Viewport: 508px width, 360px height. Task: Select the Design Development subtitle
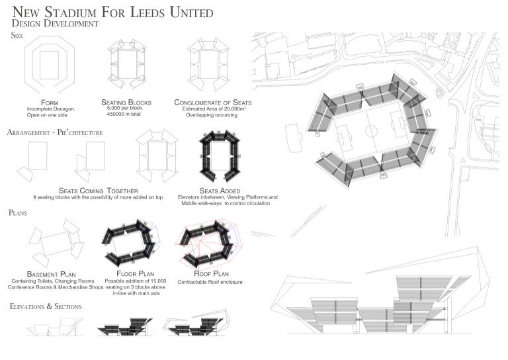point(56,24)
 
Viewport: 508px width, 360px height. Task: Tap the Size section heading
point(18,36)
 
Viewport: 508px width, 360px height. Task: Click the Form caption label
point(50,103)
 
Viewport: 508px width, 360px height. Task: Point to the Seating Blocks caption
point(126,103)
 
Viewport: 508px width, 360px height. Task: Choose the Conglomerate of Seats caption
point(212,103)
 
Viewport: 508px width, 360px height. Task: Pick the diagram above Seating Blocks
point(126,65)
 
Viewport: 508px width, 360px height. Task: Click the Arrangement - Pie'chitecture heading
point(55,132)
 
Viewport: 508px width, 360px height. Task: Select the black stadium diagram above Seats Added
point(221,157)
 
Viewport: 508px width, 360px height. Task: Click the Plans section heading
point(19,213)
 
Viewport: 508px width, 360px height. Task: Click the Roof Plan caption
point(211,273)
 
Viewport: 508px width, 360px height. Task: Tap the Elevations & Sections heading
point(46,307)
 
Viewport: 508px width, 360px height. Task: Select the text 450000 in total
point(126,115)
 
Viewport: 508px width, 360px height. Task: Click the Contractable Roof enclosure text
point(211,281)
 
